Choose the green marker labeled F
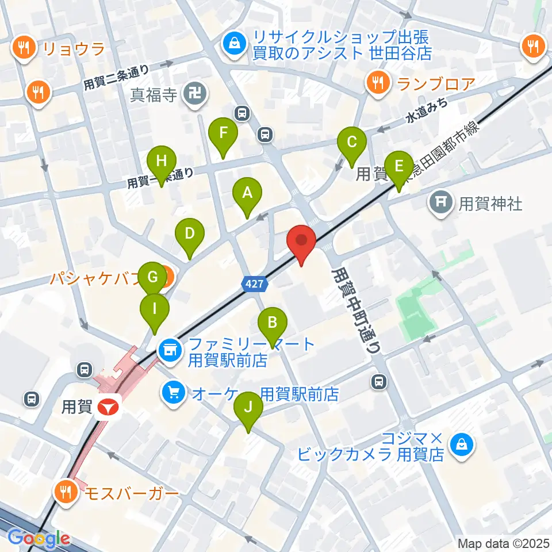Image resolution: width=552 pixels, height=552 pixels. click(x=223, y=133)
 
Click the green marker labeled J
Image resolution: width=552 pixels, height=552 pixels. click(x=248, y=408)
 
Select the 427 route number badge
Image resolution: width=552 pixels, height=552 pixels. click(x=254, y=283)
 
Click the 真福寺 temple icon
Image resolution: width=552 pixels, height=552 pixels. click(x=191, y=93)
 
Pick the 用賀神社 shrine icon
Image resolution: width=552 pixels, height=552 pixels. click(x=441, y=202)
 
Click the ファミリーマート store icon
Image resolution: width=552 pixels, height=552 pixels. click(x=170, y=348)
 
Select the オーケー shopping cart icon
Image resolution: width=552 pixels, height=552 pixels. click(x=173, y=393)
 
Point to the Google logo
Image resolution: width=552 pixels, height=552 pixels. click(x=39, y=538)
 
